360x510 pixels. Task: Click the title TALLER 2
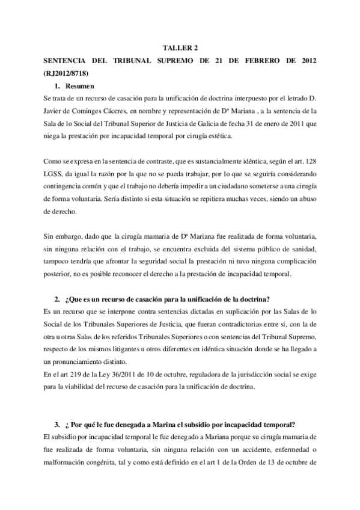(x=180, y=47)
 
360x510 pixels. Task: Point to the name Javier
(x=55, y=109)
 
